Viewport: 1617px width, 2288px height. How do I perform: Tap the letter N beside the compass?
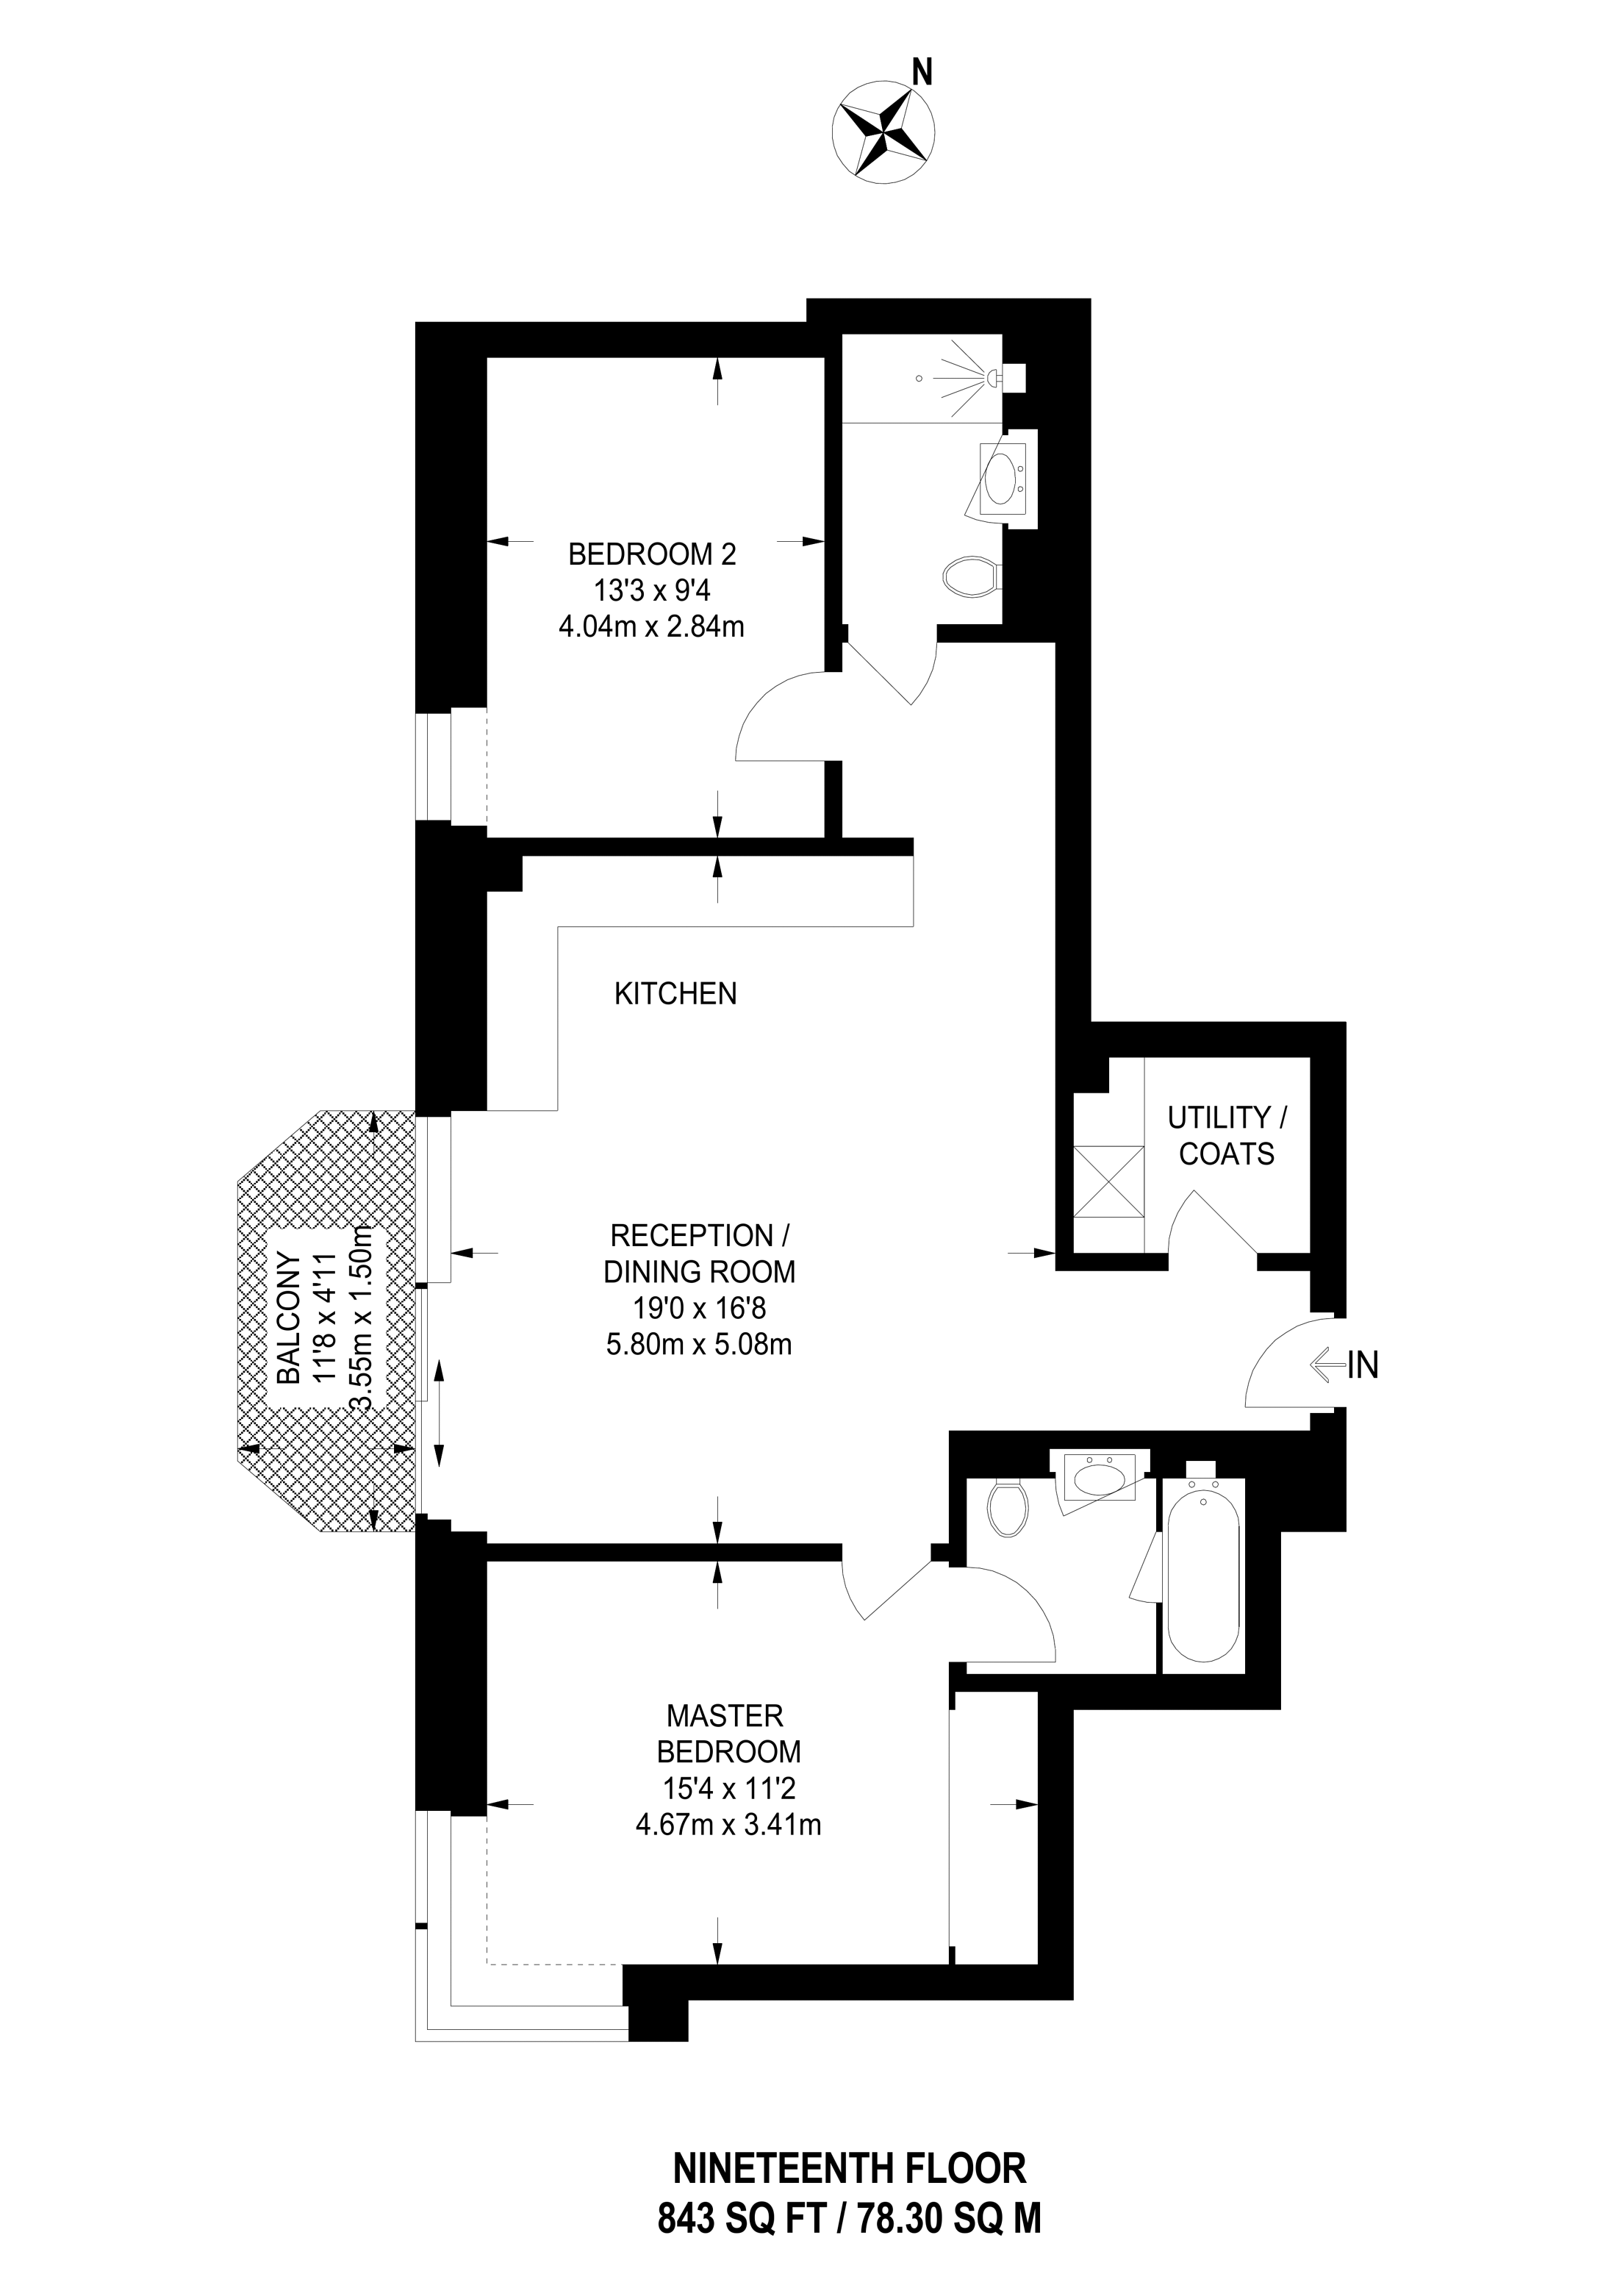tap(922, 71)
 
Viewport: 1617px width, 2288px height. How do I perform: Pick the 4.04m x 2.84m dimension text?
tap(652, 628)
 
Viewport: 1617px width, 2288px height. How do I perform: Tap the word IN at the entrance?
tap(1363, 1365)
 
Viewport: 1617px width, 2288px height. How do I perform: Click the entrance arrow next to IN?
tap(1326, 1365)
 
